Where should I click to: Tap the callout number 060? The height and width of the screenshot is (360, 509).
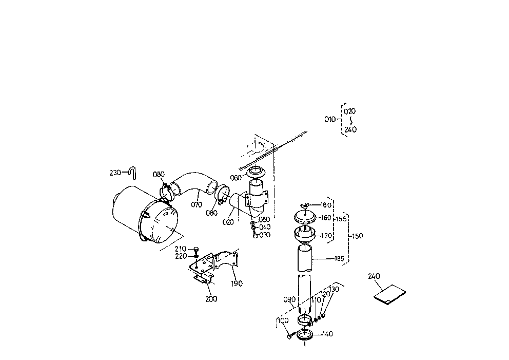[x=236, y=178]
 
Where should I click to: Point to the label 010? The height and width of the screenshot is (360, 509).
[x=329, y=119]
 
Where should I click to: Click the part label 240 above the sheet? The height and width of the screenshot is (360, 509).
[x=375, y=276]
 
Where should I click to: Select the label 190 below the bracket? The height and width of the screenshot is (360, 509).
[x=237, y=283]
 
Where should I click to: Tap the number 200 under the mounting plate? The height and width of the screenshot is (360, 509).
[x=211, y=299]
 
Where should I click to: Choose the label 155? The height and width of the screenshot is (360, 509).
[x=341, y=219]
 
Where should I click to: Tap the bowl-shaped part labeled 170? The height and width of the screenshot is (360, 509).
[x=305, y=236]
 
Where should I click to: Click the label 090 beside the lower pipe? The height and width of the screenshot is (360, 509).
[x=289, y=299]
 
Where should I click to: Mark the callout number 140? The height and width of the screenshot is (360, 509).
[x=327, y=334]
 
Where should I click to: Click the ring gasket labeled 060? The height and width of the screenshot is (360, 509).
[x=257, y=173]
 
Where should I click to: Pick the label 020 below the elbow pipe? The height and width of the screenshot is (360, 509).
[x=228, y=222]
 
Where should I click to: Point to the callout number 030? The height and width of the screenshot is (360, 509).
[x=265, y=235]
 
